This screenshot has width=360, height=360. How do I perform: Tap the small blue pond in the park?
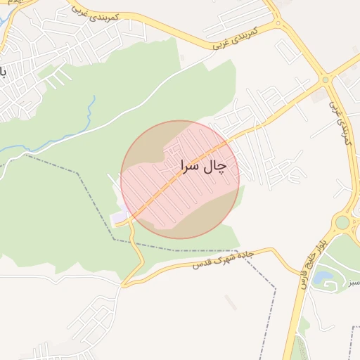click(x=325, y=278)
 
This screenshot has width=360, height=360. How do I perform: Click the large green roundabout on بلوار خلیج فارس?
click(x=342, y=223)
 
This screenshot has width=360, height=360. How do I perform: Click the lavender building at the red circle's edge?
click(x=118, y=218)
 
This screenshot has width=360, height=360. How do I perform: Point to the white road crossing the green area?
click(x=141, y=105)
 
